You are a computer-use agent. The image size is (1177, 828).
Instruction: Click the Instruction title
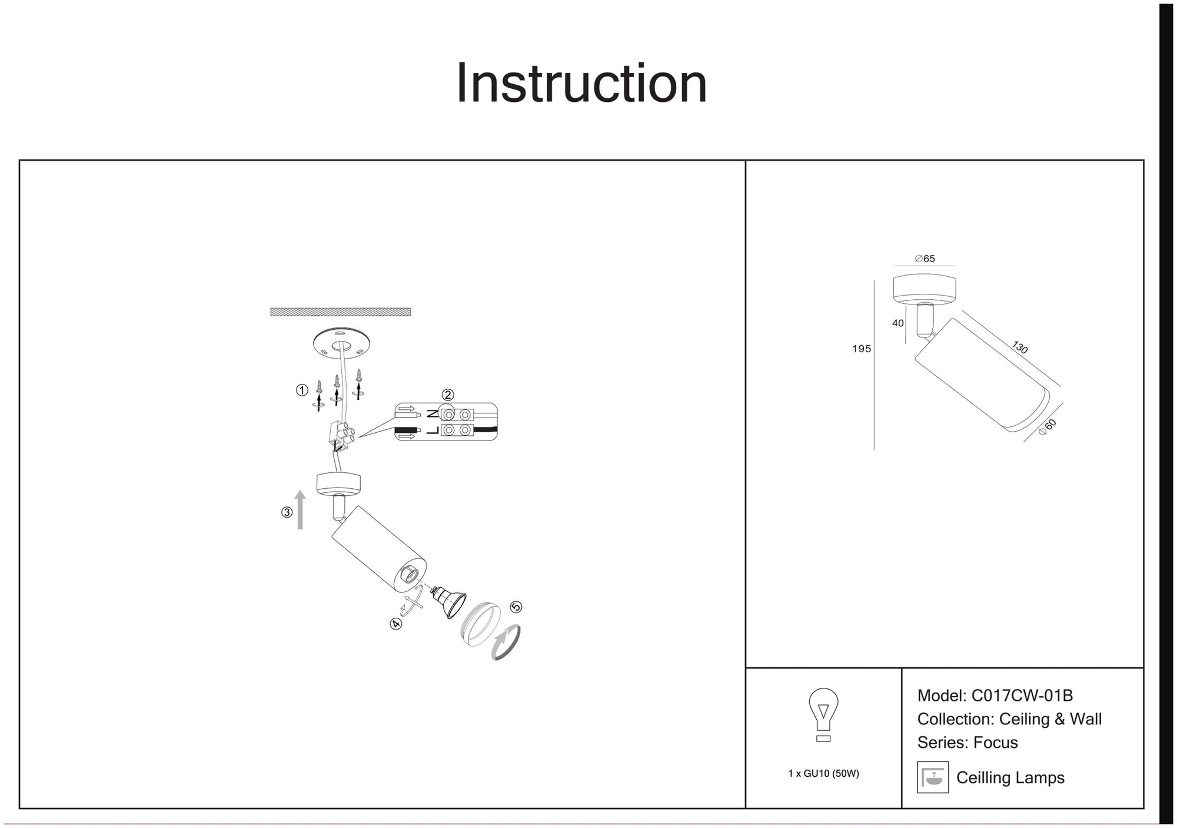(581, 84)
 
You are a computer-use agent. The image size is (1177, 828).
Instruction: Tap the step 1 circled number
(302, 390)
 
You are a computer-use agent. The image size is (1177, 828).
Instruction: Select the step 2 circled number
(448, 395)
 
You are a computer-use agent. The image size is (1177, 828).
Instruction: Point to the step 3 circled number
(287, 512)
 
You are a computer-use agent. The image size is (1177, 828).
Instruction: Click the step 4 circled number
(396, 624)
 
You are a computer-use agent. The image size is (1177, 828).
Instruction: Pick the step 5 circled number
(516, 607)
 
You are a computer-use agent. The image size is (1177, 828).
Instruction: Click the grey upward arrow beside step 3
(300, 509)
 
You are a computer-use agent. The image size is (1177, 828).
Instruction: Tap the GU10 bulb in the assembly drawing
(448, 602)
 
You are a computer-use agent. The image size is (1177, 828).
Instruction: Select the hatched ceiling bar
(340, 312)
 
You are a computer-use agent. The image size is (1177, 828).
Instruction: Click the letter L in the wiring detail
(433, 430)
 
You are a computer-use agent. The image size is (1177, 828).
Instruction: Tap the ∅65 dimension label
(925, 259)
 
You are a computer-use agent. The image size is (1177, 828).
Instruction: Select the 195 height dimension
(861, 349)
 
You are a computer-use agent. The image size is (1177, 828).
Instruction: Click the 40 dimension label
(897, 323)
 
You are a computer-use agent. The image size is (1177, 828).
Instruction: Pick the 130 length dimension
(1020, 347)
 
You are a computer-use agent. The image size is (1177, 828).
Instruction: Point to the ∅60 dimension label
(1048, 426)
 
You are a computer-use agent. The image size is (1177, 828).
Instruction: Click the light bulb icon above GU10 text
(823, 714)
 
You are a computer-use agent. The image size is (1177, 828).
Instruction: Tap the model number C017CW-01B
(1022, 695)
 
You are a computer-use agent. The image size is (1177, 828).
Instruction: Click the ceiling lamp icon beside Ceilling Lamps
(932, 777)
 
